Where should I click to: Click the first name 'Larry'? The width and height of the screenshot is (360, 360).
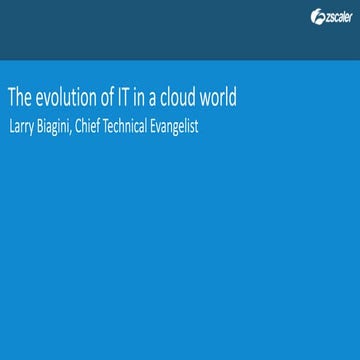22,125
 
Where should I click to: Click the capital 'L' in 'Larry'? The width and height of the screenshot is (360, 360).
11,125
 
